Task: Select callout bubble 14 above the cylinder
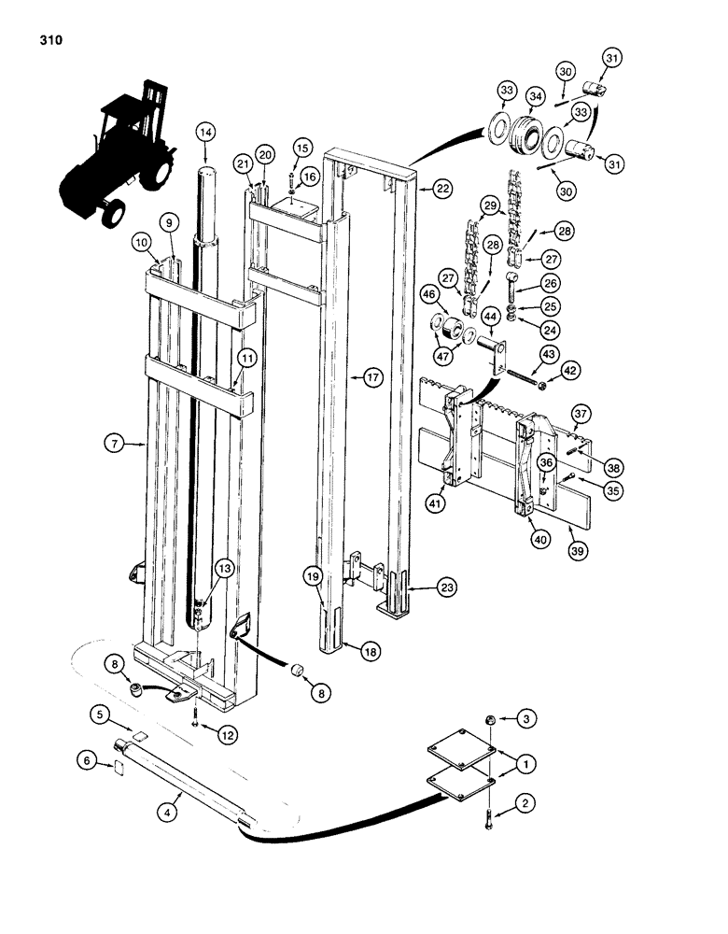204,133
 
